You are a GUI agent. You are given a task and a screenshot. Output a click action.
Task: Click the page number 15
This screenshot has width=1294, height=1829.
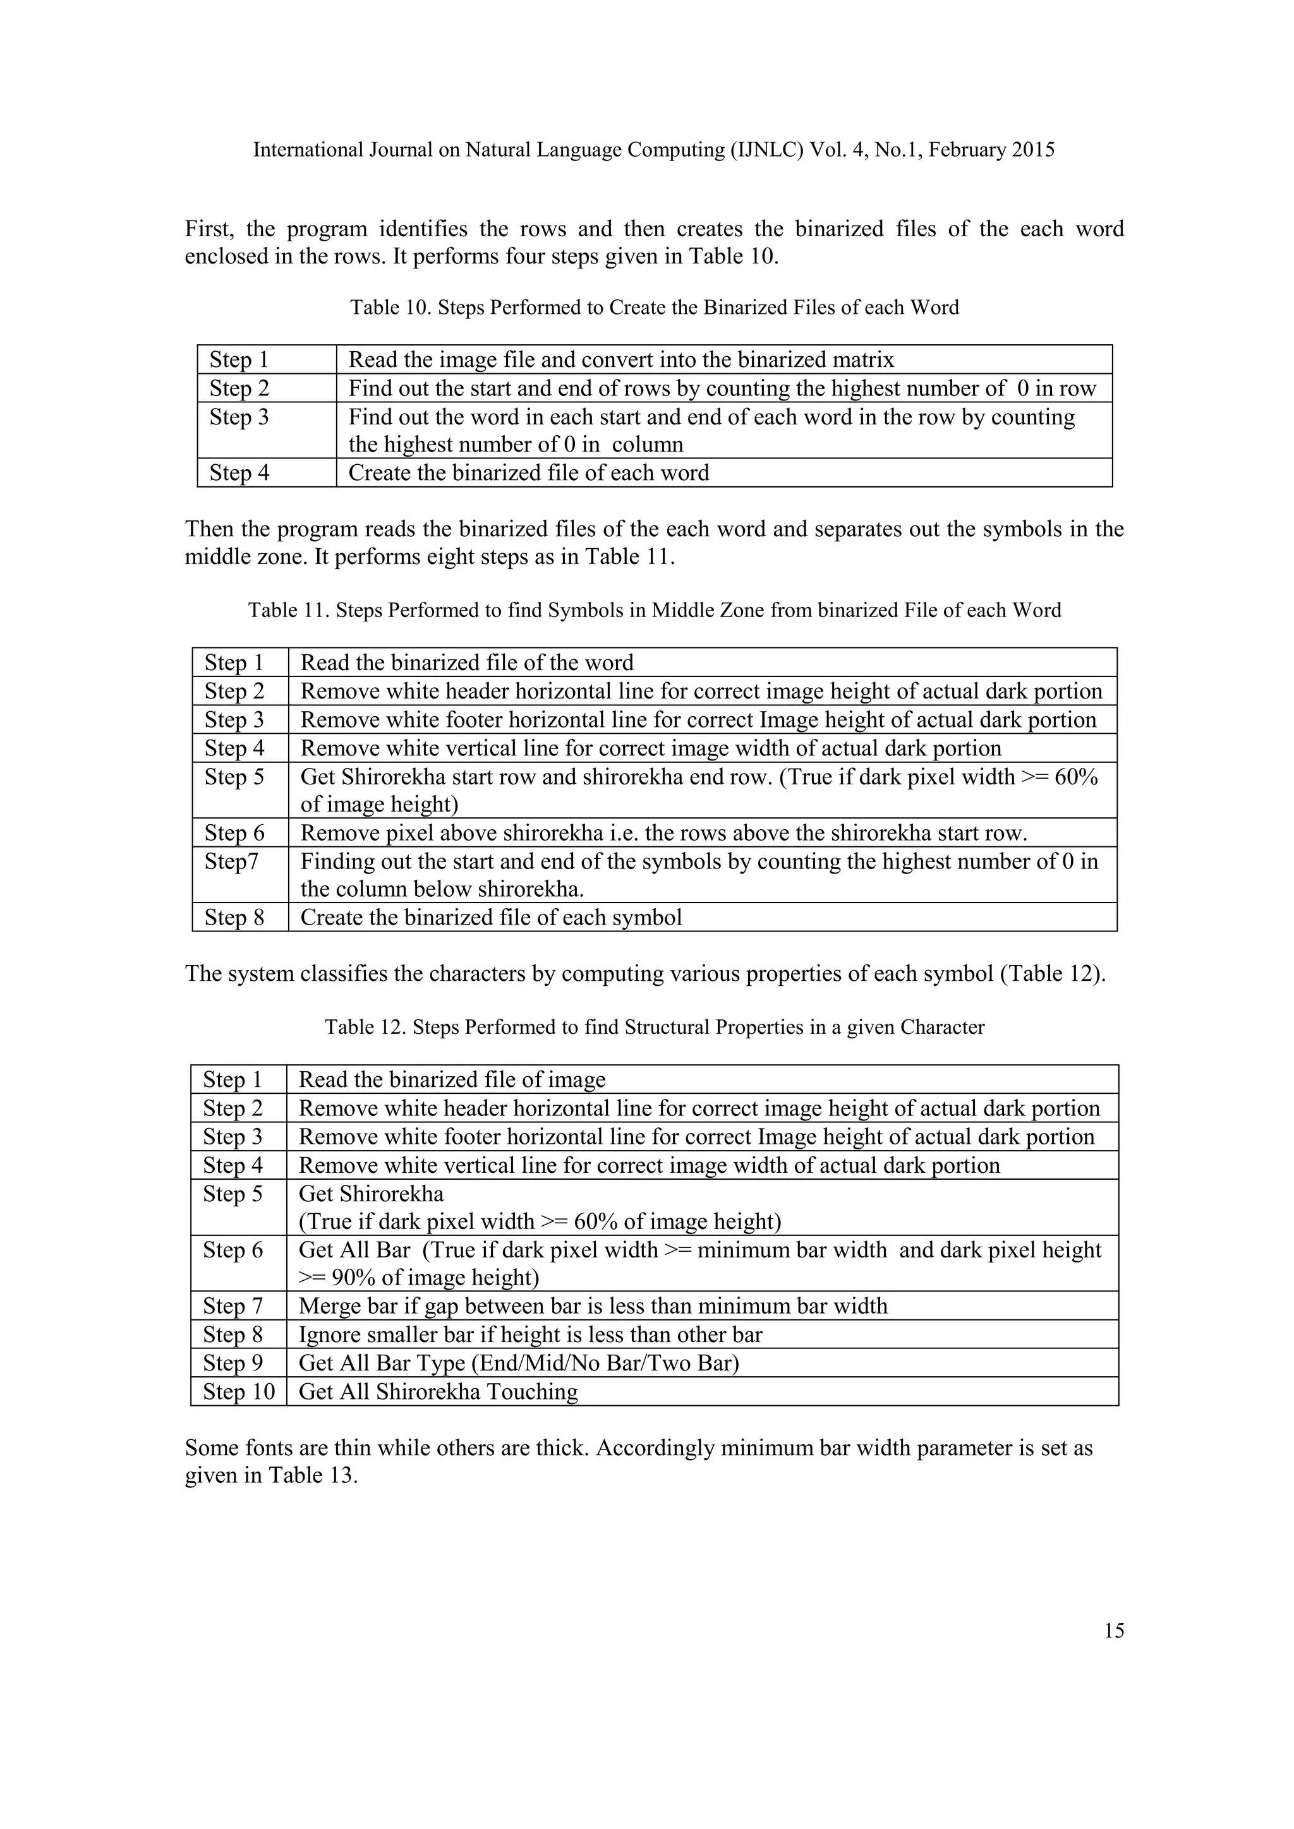tap(1114, 1631)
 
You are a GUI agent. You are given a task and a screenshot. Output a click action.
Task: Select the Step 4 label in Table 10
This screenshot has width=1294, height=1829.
tap(239, 472)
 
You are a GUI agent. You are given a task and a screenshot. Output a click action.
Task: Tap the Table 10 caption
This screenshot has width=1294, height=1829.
tap(654, 308)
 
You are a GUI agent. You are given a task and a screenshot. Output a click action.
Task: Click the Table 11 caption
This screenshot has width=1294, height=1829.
tap(654, 610)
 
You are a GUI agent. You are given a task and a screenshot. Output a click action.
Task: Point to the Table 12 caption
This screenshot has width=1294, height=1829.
tap(654, 1027)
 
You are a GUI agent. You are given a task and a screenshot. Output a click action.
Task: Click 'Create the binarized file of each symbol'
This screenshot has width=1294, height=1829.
tap(491, 917)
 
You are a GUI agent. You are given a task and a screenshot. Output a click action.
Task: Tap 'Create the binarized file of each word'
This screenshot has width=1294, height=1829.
tap(528, 472)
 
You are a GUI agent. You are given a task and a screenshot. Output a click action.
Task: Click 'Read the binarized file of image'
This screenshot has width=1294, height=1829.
tap(452, 1079)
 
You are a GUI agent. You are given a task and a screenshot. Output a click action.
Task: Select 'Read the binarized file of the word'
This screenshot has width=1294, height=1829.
tap(467, 663)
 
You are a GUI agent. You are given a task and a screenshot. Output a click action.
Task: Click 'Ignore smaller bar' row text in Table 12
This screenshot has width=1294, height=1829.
tap(530, 1334)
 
